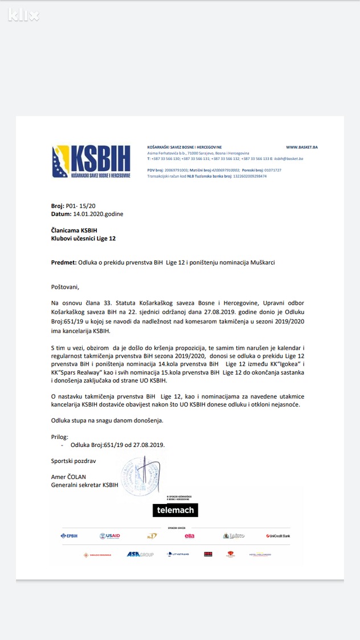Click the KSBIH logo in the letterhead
[92, 162]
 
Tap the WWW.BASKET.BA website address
[302, 147]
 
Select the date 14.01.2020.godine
[98, 214]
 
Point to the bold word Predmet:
[64, 262]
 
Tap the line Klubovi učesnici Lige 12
[83, 239]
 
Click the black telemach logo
[175, 510]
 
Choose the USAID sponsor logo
[110, 536]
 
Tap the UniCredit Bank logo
[278, 536]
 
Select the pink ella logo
[190, 536]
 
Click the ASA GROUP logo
[140, 554]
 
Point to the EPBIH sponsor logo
[69, 536]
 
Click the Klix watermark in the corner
[23, 15]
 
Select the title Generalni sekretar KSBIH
[85, 485]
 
